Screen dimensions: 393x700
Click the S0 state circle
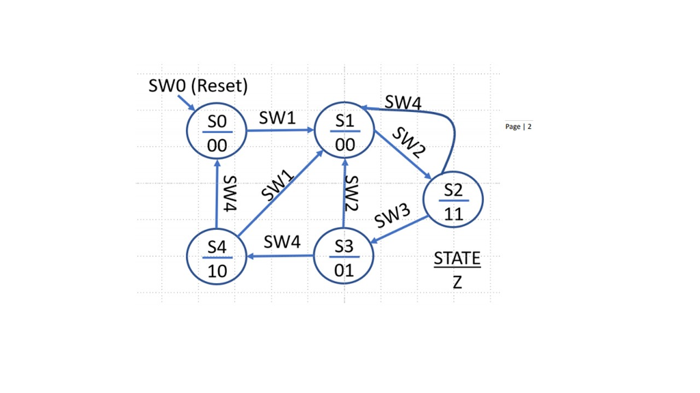217,131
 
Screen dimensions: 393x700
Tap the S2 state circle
453,199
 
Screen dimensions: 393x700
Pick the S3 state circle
344,256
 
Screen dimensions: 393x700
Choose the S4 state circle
217,257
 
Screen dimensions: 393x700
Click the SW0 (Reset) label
198,86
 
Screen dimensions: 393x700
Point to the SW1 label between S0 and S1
277,118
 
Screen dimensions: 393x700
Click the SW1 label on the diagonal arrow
278,186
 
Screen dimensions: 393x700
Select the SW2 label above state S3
351,194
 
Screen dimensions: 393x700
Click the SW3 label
392,216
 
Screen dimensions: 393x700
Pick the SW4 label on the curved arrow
403,102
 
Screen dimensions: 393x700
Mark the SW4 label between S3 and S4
282,242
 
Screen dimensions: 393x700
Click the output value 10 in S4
217,271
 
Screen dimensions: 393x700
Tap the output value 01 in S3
344,270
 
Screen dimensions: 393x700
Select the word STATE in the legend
457,259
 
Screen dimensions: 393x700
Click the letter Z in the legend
457,281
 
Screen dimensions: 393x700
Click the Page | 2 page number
518,127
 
